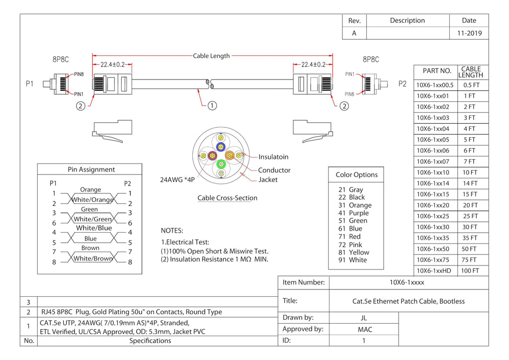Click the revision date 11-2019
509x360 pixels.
(x=469, y=33)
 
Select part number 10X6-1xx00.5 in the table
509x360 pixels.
(x=435, y=85)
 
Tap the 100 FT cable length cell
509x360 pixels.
(x=470, y=270)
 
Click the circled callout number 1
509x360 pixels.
(x=212, y=105)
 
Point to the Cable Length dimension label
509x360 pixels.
(x=211, y=56)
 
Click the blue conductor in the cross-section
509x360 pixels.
(x=221, y=147)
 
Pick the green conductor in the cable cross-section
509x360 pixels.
(x=221, y=164)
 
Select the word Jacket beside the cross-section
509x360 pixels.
(x=268, y=180)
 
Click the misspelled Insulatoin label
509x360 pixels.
(x=273, y=157)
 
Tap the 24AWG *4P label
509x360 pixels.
(x=177, y=180)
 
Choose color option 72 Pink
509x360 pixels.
(x=350, y=245)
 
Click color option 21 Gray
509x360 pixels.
(x=350, y=189)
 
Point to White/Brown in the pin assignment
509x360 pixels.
(x=93, y=259)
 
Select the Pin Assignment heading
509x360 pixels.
(x=91, y=170)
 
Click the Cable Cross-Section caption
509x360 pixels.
(x=227, y=198)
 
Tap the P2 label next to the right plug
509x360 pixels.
(x=402, y=84)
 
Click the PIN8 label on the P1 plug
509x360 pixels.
(x=79, y=75)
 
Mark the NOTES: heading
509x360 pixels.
(x=172, y=231)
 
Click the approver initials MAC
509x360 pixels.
(x=365, y=330)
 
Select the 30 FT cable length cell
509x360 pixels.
(x=470, y=227)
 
